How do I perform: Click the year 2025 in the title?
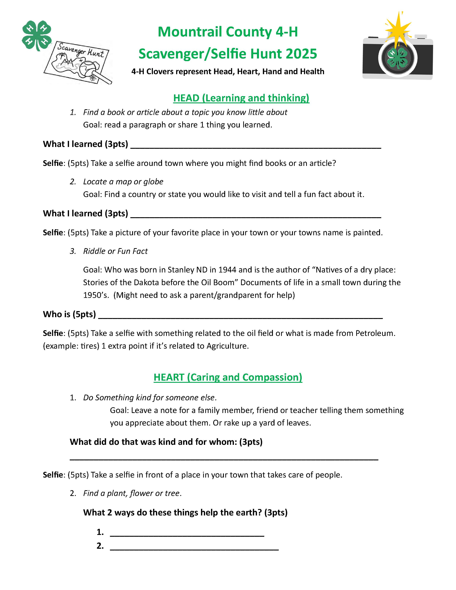pyautogui.click(x=301, y=54)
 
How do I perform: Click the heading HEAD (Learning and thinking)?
pyautogui.click(x=241, y=98)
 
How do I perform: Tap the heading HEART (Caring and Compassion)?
pyautogui.click(x=228, y=377)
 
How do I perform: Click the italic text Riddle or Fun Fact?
pyautogui.click(x=115, y=251)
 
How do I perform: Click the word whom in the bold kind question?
pyautogui.click(x=222, y=442)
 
